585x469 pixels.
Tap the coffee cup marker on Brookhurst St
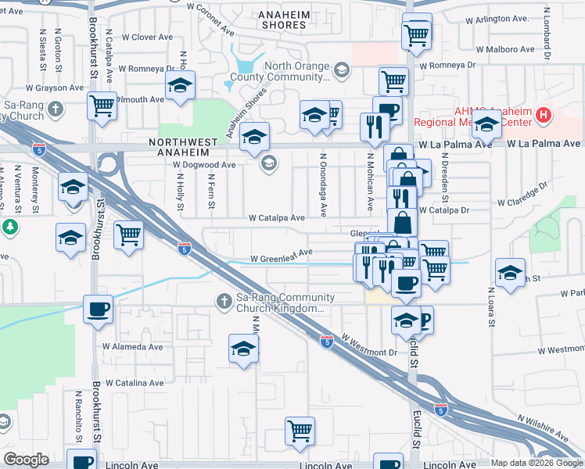99,309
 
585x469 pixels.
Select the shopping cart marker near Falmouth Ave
102,106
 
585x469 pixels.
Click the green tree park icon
9,227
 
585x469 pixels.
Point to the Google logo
26,460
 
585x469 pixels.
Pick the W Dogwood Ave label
204,165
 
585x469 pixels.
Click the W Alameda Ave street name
132,346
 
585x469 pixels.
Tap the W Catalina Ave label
135,383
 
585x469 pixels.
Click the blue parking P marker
424,319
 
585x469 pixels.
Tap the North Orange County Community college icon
340,71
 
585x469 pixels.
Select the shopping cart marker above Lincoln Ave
300,430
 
